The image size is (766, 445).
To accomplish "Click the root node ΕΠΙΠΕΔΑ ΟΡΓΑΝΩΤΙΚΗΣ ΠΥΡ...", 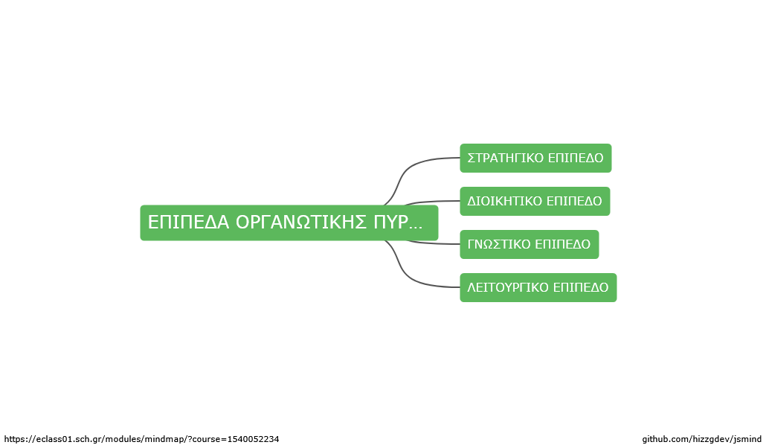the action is point(289,222).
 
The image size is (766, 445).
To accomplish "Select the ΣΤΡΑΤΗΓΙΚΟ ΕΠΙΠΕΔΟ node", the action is point(535,158).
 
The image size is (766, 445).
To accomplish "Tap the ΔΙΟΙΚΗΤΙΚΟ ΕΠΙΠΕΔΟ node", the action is point(535,201).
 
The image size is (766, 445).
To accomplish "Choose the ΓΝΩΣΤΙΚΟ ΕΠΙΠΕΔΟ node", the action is point(529,244).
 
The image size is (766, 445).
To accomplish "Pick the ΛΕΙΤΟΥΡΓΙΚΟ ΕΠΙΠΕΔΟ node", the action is point(538,287).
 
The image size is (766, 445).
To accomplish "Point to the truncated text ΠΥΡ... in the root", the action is point(398,222).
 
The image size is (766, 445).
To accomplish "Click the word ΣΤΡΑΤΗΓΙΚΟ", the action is point(505,158).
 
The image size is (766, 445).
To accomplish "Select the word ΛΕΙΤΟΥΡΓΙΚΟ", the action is point(508,287).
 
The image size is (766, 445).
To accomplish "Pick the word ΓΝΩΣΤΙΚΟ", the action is point(499,244).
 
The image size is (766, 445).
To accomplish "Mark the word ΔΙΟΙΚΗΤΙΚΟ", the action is point(505,201).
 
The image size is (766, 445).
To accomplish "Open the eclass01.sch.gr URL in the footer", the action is point(141,439).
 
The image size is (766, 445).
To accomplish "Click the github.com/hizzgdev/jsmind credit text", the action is point(701,439).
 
